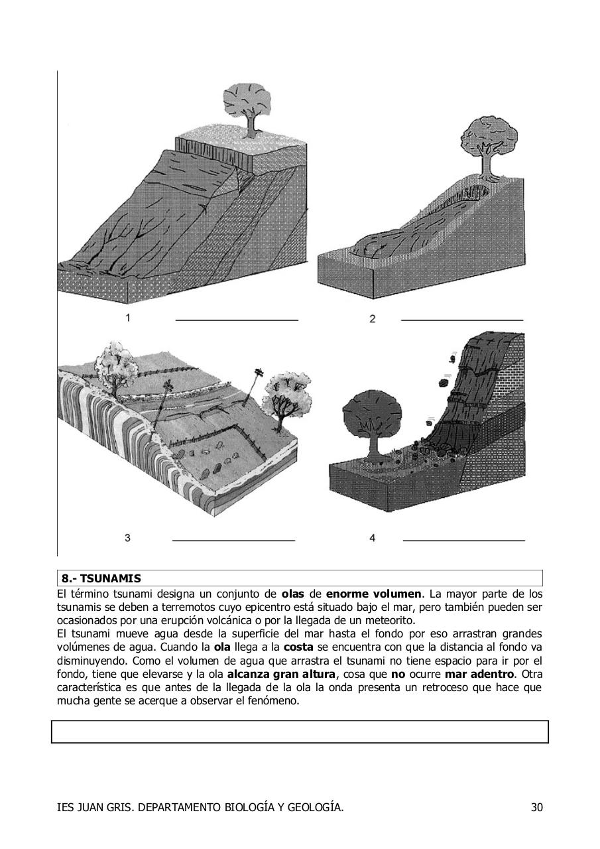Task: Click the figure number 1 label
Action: pyautogui.click(x=127, y=318)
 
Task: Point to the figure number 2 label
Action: pyautogui.click(x=373, y=319)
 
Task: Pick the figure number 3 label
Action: pyautogui.click(x=127, y=538)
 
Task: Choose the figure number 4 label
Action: pyautogui.click(x=373, y=538)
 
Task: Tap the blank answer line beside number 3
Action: pyautogui.click(x=233, y=541)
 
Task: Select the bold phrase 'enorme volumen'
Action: pyautogui.click(x=373, y=593)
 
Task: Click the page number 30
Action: pyautogui.click(x=536, y=807)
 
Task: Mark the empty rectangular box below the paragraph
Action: pyautogui.click(x=300, y=732)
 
